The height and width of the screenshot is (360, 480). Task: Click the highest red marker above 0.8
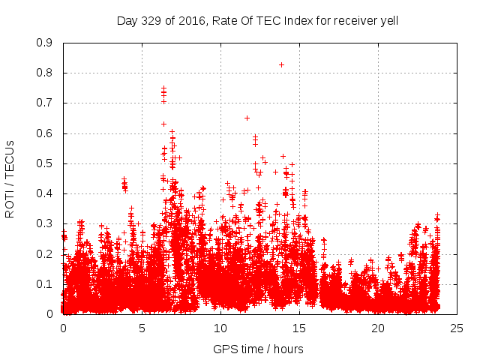point(281,64)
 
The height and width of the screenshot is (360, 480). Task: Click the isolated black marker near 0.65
point(247,118)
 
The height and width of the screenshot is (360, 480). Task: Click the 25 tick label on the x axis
point(457,328)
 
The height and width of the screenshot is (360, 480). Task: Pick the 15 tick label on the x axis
point(299,328)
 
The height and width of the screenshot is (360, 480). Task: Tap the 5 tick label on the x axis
point(142,328)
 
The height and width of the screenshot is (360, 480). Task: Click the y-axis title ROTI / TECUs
point(10,178)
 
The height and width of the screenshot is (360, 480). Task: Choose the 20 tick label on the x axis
point(378,328)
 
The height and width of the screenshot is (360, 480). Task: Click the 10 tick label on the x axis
point(220,328)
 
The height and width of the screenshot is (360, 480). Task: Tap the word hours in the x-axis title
point(289,349)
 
